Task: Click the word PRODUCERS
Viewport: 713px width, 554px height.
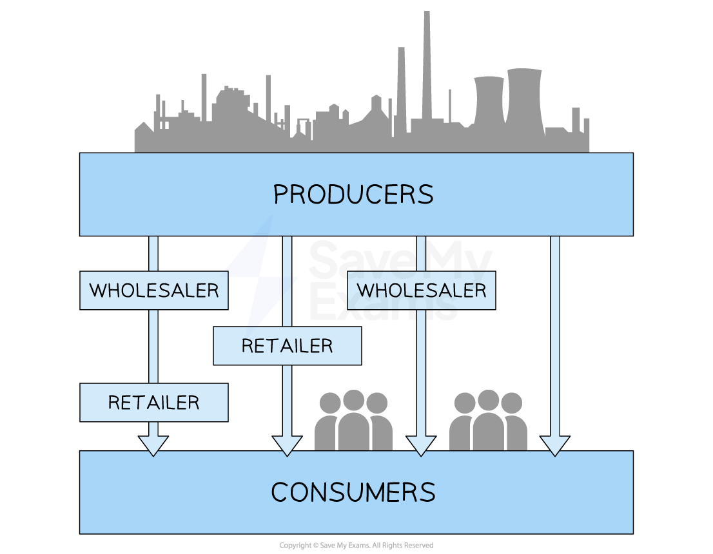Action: (x=353, y=195)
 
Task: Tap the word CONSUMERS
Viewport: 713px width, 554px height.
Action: (x=353, y=493)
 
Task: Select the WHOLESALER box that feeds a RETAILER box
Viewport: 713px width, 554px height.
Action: (x=154, y=291)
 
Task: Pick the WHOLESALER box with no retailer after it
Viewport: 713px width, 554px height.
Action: (x=422, y=291)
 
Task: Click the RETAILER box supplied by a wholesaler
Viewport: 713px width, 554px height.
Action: (x=154, y=403)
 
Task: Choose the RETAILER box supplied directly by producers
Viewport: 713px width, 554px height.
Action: (x=288, y=346)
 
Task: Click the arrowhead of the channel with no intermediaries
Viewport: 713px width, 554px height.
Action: (x=555, y=445)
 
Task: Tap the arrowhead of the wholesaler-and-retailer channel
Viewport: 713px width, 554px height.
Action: (x=153, y=445)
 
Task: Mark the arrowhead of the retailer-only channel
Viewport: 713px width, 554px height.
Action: (x=288, y=445)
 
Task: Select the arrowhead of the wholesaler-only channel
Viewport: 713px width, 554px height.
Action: (x=421, y=445)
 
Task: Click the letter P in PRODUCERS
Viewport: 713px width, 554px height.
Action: (x=280, y=195)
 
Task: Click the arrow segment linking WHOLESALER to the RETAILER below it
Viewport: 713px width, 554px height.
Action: (x=153, y=346)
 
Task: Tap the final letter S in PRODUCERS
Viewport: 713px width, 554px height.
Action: (x=425, y=195)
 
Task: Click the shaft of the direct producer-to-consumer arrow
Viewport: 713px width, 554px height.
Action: (x=555, y=335)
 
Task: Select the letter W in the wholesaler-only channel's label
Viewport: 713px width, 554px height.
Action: (x=366, y=291)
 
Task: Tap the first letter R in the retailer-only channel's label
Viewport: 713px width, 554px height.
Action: (x=248, y=346)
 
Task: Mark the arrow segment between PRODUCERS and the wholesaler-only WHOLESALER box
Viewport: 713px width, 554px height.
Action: (x=421, y=253)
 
